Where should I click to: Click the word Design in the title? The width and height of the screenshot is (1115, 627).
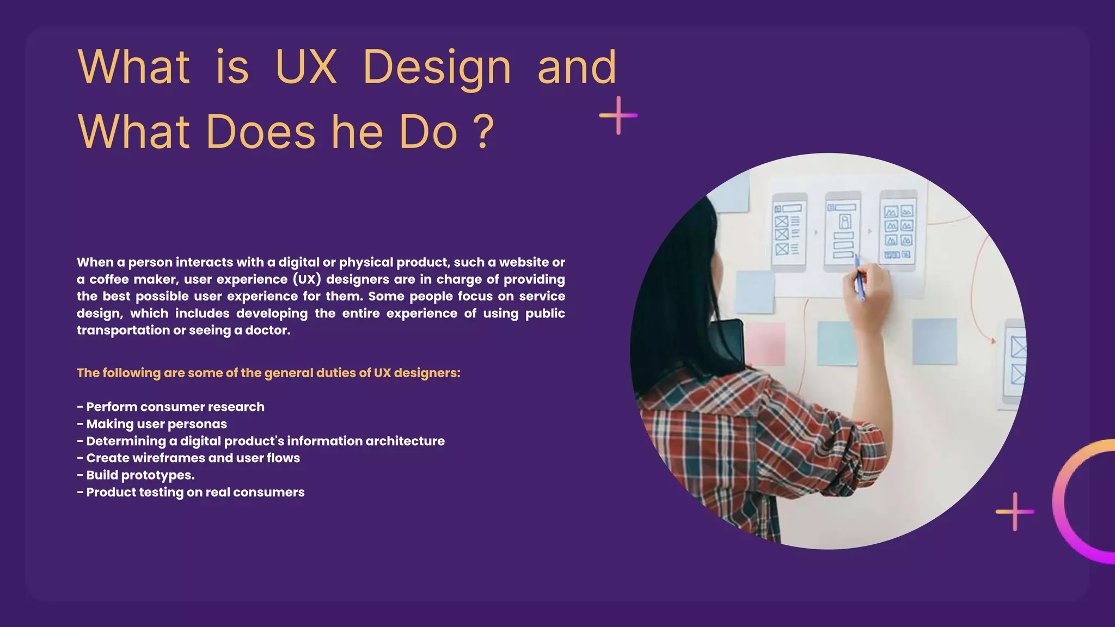pyautogui.click(x=437, y=67)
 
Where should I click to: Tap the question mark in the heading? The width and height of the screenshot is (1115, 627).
pyautogui.click(x=483, y=132)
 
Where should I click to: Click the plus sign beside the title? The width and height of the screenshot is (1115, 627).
pyautogui.click(x=618, y=115)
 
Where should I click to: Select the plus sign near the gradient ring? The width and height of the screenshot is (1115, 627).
pyautogui.click(x=1015, y=512)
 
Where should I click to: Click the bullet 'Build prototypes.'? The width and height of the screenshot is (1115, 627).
pyautogui.click(x=140, y=475)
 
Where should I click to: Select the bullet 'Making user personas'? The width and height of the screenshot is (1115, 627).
pyautogui.click(x=156, y=424)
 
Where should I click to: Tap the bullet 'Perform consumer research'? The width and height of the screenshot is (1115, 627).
pyautogui.click(x=175, y=407)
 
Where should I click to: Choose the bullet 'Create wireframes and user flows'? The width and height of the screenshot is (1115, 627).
pyautogui.click(x=193, y=458)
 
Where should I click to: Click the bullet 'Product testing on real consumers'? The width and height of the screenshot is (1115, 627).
pyautogui.click(x=195, y=493)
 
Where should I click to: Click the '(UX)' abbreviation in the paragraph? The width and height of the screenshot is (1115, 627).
pyautogui.click(x=307, y=280)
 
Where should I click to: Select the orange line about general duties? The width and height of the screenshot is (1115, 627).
pyautogui.click(x=268, y=373)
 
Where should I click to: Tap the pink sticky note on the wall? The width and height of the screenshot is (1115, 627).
pyautogui.click(x=765, y=343)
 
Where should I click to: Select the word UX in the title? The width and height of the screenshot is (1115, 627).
pyautogui.click(x=306, y=67)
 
